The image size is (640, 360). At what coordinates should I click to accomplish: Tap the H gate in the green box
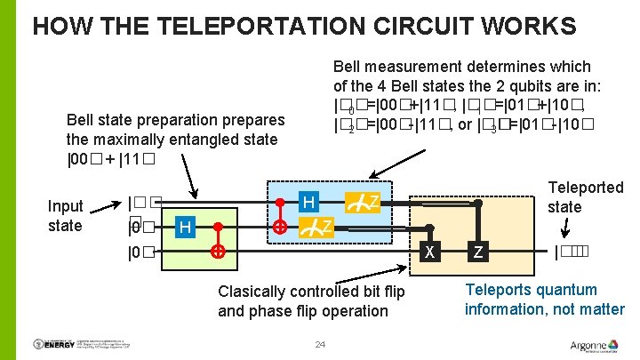point(184,228)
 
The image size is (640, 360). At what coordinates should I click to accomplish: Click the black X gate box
point(430,252)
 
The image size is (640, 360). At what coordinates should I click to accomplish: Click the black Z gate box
point(478,252)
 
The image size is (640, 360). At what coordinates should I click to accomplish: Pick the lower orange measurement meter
point(316,228)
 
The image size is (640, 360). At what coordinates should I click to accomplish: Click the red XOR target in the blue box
point(279,228)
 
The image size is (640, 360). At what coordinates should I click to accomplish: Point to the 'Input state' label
point(65,215)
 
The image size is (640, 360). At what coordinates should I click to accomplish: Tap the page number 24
point(320,344)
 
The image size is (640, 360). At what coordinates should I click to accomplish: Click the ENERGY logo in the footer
point(53,344)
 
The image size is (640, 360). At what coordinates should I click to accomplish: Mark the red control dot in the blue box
point(279,203)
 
